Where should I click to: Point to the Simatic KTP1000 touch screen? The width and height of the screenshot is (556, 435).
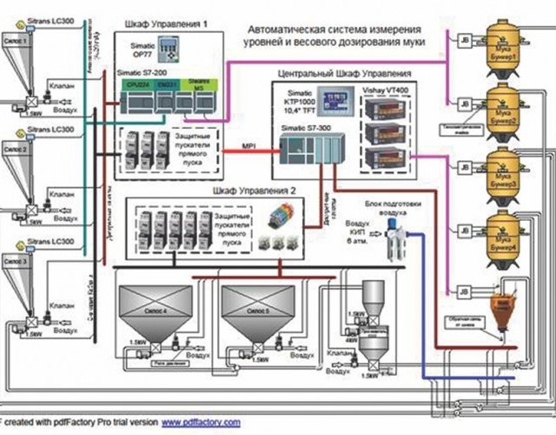click(x=334, y=97)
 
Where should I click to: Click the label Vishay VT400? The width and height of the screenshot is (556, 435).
click(x=383, y=89)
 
